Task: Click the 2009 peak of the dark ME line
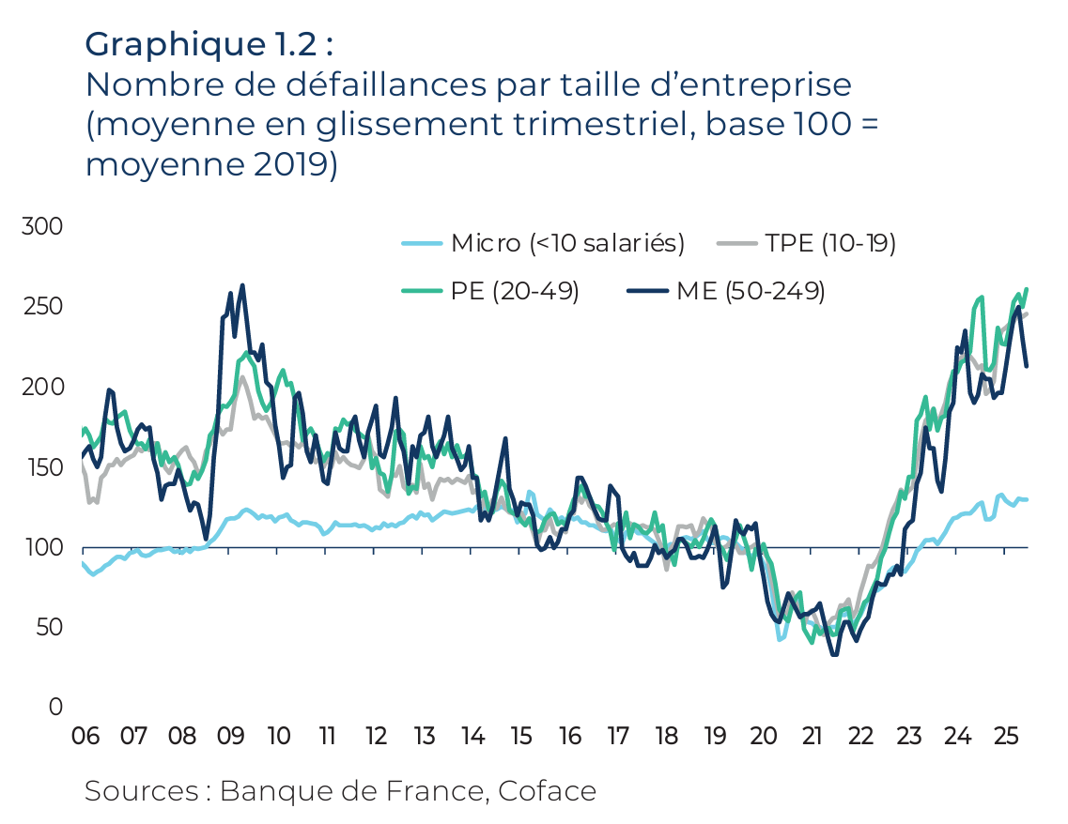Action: [242, 285]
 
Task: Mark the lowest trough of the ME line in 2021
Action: [834, 654]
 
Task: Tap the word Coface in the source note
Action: [548, 790]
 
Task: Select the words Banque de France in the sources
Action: [352, 790]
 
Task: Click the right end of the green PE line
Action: [1027, 289]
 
